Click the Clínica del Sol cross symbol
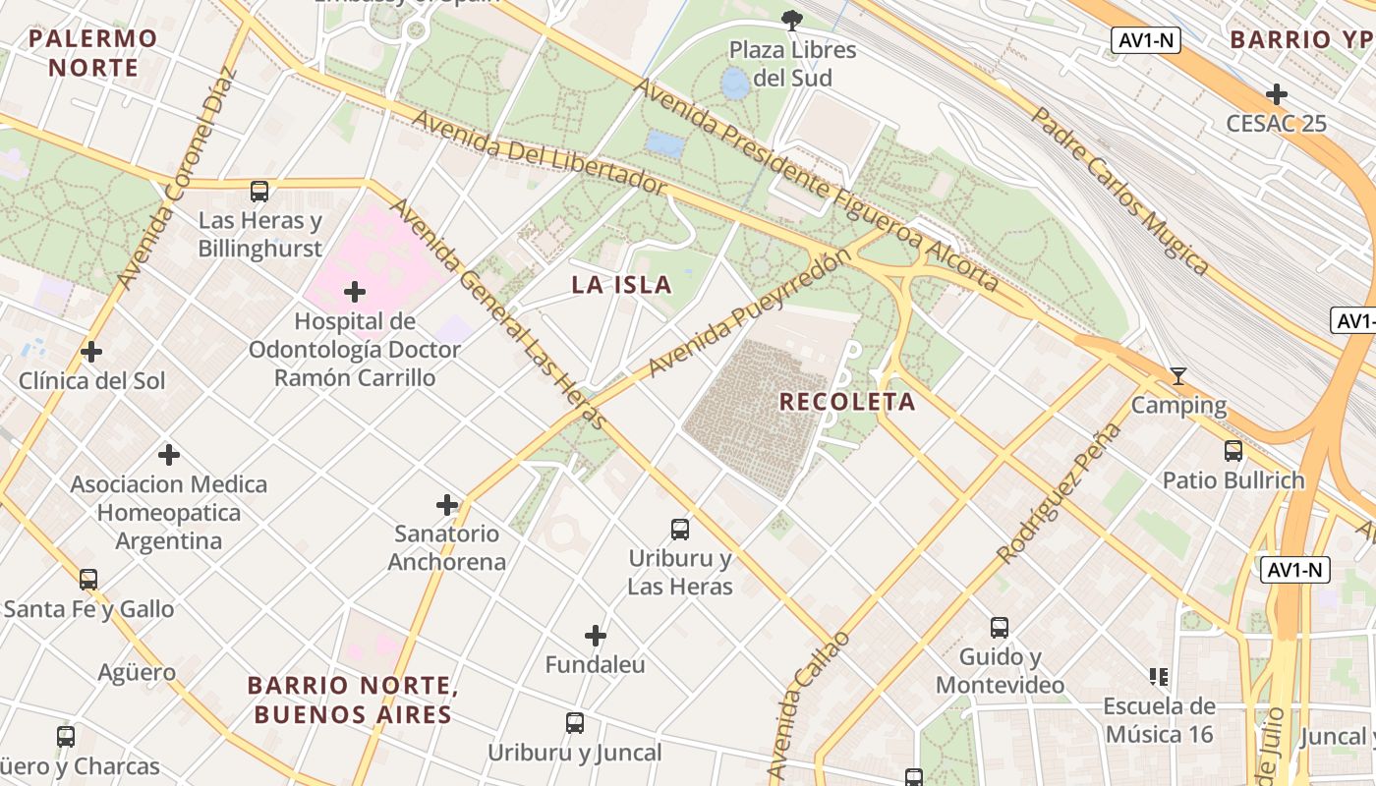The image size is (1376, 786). (x=91, y=352)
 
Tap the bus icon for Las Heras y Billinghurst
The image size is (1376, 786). (x=259, y=192)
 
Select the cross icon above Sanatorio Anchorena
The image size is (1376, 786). (x=447, y=505)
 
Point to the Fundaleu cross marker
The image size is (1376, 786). (x=596, y=637)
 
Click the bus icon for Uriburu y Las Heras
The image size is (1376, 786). (x=680, y=530)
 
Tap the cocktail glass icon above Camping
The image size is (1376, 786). (x=1177, y=376)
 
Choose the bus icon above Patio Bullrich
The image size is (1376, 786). (x=1233, y=451)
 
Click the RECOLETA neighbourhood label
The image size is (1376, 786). (x=847, y=402)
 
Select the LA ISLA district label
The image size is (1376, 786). (x=621, y=286)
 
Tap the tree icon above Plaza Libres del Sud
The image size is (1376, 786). (x=791, y=20)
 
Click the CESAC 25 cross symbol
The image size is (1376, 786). (x=1277, y=94)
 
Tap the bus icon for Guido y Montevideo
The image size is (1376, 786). (x=1000, y=628)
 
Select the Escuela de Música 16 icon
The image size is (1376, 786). (x=1158, y=676)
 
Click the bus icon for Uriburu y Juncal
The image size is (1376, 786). (x=575, y=724)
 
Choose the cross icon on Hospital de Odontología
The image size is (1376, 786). (x=355, y=292)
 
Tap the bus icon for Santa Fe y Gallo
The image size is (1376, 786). (x=88, y=580)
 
